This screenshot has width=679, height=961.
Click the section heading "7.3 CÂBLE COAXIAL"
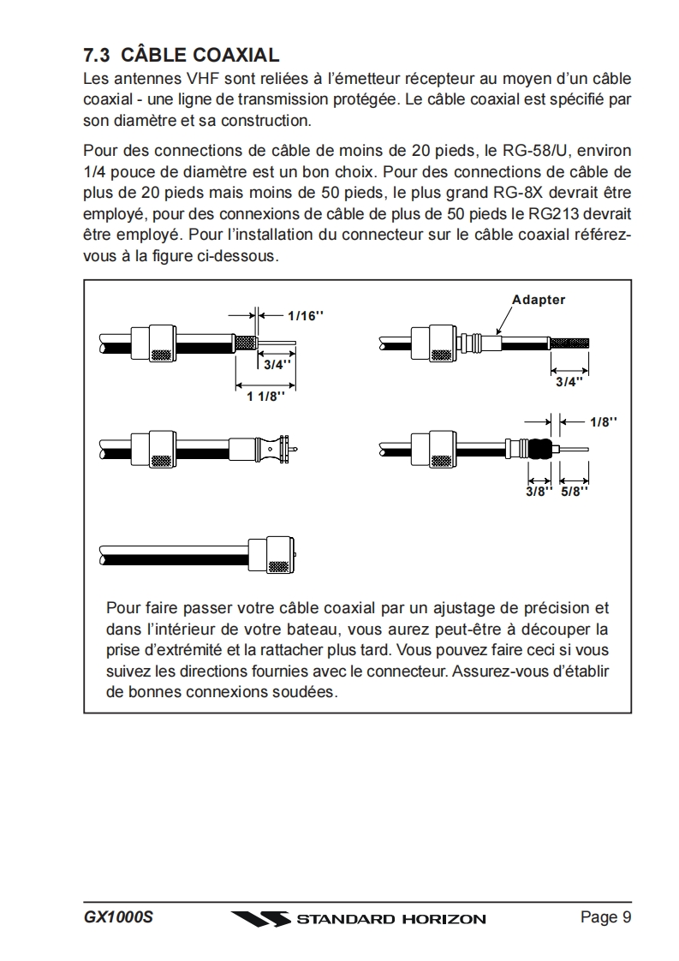click(x=181, y=56)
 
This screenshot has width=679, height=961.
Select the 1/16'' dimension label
click(x=306, y=315)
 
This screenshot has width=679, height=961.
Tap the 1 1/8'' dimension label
click(x=265, y=397)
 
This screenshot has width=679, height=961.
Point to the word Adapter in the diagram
click(x=539, y=300)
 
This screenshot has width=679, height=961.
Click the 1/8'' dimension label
click(x=603, y=421)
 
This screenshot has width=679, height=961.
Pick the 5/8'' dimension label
click(x=575, y=492)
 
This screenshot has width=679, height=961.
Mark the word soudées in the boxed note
click(x=306, y=692)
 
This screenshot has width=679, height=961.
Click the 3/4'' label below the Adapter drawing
click(x=569, y=382)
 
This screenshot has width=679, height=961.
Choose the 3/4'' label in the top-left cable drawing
click(x=277, y=364)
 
